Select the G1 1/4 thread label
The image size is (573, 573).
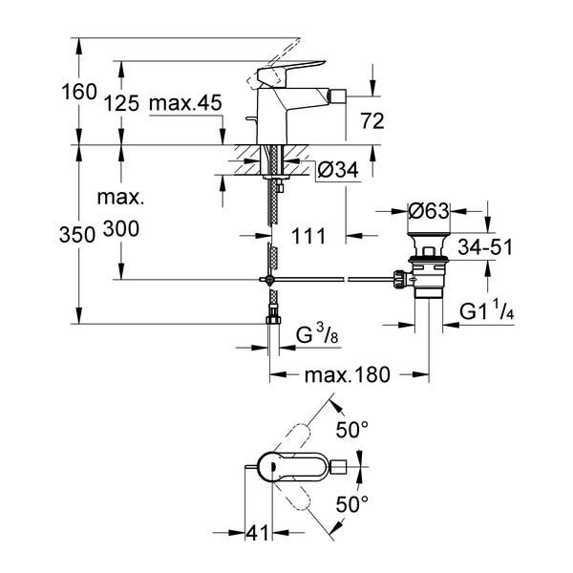[x=487, y=311]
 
